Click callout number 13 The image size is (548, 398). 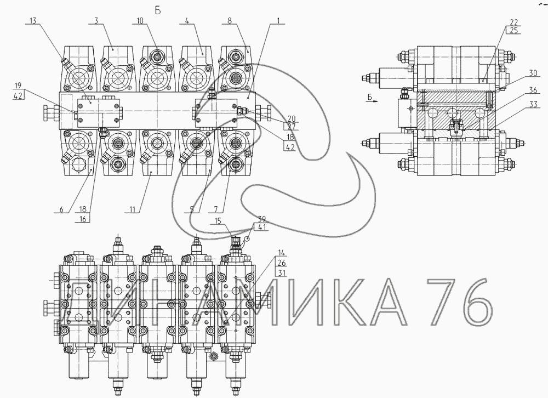click(33, 21)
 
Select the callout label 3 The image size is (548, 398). click(96, 21)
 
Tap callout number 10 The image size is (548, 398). click(140, 21)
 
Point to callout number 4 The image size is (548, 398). click(187, 21)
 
